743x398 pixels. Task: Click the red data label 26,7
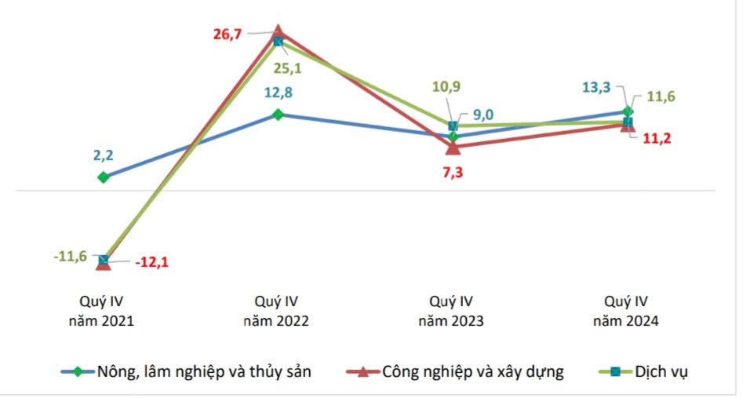(229, 35)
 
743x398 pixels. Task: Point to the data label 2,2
(103, 155)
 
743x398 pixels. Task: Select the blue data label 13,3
(598, 87)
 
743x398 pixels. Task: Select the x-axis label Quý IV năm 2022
(276, 311)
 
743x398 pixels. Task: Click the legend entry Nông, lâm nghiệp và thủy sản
(203, 372)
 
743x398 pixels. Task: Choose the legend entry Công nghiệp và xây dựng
(472, 372)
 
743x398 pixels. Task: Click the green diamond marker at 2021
(103, 177)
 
